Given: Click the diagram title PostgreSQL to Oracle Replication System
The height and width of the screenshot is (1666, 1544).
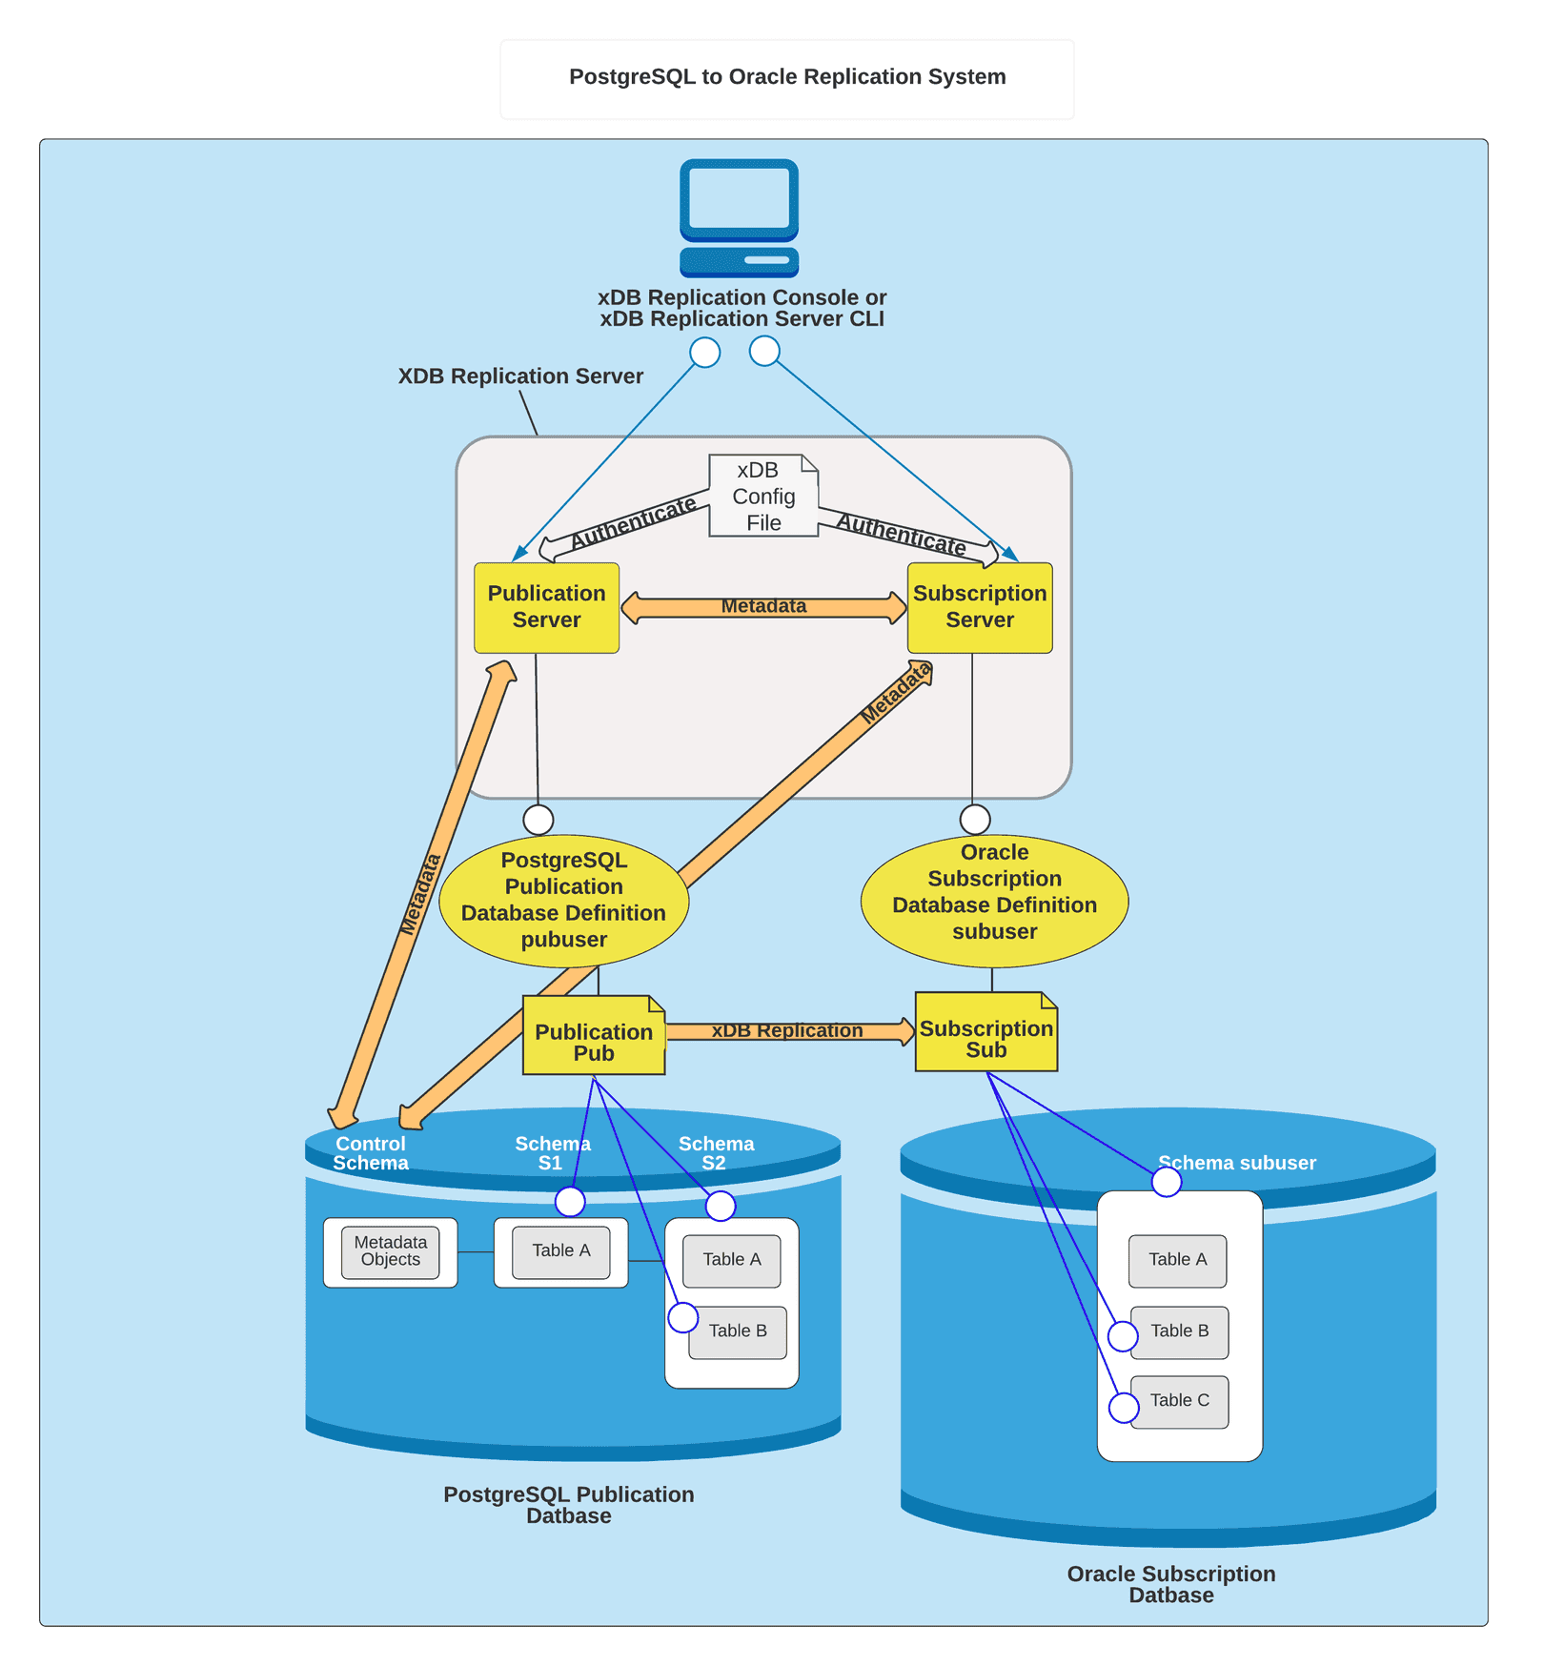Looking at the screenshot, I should coord(786,77).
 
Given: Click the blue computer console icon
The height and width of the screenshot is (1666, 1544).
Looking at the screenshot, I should coord(739,217).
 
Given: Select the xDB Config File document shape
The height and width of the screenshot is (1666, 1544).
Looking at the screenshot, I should coord(762,496).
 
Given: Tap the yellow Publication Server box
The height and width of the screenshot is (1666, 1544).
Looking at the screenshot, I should coord(546,607).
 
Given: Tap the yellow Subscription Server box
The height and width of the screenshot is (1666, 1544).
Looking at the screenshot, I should coord(979,607).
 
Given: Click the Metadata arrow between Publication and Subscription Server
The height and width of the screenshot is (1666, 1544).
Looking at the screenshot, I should coord(763,607).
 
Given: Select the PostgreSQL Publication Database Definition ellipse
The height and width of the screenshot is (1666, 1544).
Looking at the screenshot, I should coord(563,900).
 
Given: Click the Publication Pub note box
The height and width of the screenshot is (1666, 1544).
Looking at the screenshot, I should coord(593,1041).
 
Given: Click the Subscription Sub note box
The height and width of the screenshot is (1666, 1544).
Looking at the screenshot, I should coord(985,1038).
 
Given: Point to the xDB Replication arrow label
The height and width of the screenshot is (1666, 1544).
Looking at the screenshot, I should coord(786,1030).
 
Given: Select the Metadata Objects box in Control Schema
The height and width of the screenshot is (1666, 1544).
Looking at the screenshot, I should coord(390,1250).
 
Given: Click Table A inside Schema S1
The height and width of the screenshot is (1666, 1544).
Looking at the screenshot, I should coord(560,1250).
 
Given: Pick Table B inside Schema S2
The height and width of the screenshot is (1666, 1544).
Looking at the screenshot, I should coord(738,1331).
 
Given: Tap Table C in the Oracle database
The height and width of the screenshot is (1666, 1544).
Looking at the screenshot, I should coord(1179,1400).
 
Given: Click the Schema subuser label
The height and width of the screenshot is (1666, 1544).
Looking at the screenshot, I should coord(1236,1163).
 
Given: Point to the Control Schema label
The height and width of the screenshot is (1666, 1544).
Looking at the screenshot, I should coord(370,1153).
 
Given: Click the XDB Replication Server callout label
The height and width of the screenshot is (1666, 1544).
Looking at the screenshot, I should coord(520,376).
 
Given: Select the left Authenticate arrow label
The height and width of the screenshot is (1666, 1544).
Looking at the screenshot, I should coord(633,523).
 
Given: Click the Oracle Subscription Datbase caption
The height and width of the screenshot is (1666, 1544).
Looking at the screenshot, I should coord(1170,1584).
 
